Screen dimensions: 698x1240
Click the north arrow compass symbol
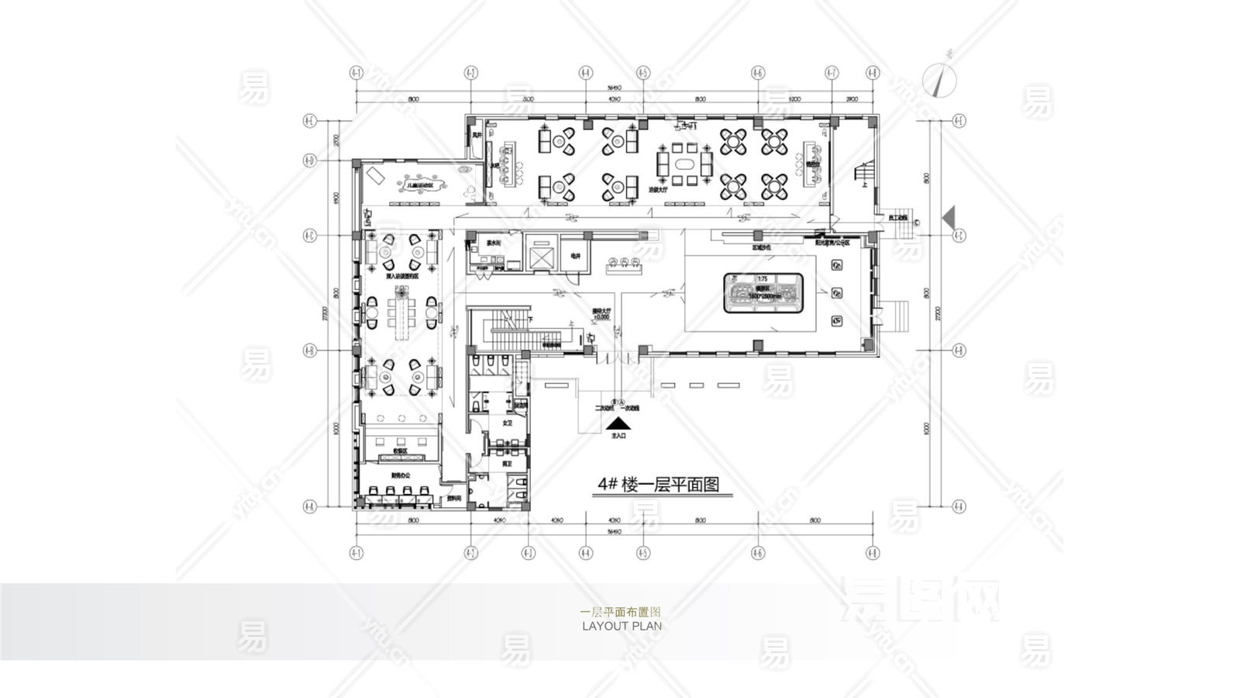tap(941, 78)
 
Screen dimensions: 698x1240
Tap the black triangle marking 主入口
tap(618, 424)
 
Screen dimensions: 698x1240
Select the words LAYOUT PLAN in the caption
tap(622, 626)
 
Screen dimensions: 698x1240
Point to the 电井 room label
tap(575, 256)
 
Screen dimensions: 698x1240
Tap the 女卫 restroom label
tap(508, 423)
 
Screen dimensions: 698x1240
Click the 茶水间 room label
tap(494, 243)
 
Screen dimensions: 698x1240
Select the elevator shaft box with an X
tap(542, 256)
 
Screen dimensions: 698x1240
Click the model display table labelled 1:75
tap(762, 292)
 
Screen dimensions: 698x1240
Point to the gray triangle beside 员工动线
tap(949, 216)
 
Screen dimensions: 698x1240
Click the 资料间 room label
tap(454, 499)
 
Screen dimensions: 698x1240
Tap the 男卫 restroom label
tap(508, 463)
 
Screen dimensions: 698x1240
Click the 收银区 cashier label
tap(401, 451)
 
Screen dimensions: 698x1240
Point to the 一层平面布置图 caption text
tap(621, 612)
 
